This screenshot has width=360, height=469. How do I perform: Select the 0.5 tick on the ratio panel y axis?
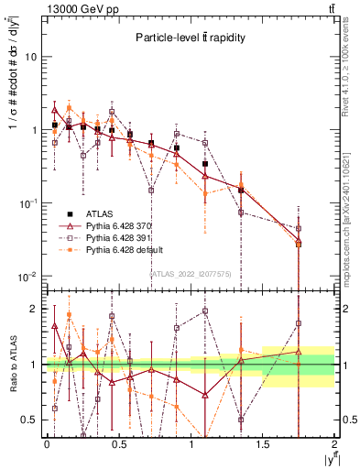[x=27, y=420]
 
